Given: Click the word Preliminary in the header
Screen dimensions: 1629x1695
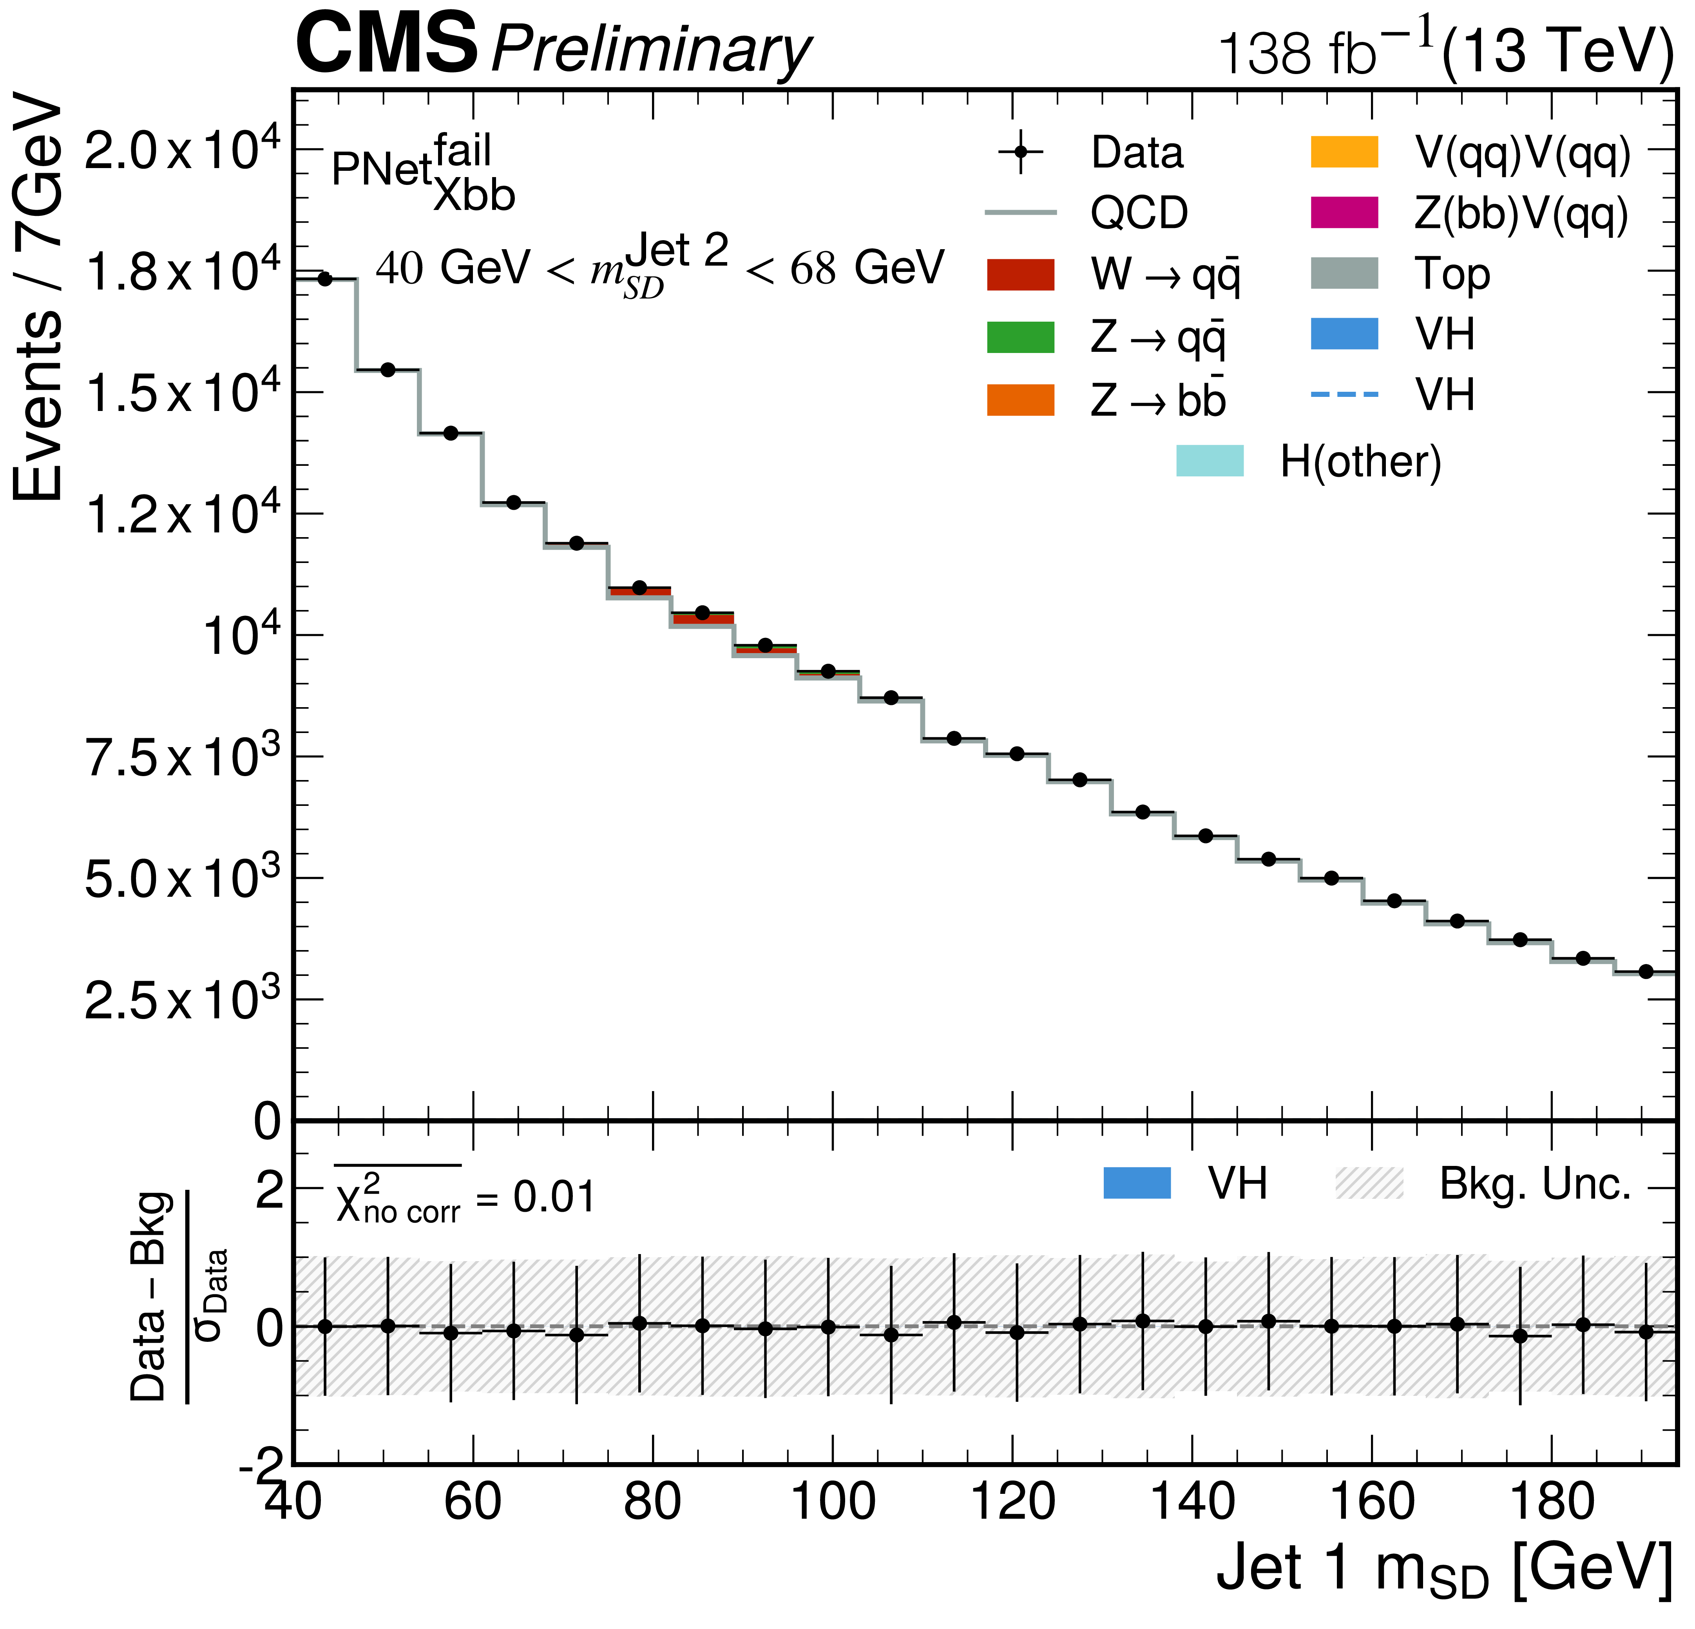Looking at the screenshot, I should tap(650, 50).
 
